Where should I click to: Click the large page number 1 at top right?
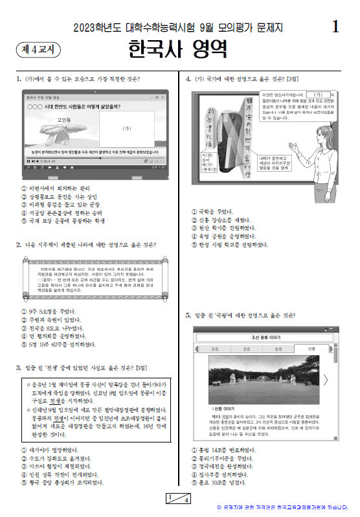pyautogui.click(x=335, y=27)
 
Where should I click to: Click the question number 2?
pyautogui.click(x=18, y=244)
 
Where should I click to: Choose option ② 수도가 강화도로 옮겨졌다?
pyautogui.click(x=58, y=458)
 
